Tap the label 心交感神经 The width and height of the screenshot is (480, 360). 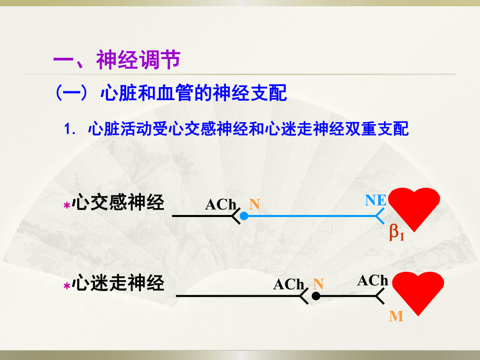[119, 203]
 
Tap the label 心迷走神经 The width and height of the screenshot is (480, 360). [119, 284]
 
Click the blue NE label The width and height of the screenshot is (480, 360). [376, 200]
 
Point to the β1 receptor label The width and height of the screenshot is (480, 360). [397, 234]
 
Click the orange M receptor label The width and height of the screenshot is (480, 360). [396, 316]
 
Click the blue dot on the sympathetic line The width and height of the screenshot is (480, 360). [244, 215]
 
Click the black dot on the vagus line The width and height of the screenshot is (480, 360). [316, 296]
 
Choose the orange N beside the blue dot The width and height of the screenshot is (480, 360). [254, 204]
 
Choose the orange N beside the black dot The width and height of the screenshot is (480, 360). [319, 284]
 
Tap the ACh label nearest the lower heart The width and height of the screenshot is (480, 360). [373, 281]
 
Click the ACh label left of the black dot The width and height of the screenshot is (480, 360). [289, 284]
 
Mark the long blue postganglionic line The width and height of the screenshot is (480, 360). [313, 215]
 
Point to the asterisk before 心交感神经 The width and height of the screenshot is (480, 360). [66, 207]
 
